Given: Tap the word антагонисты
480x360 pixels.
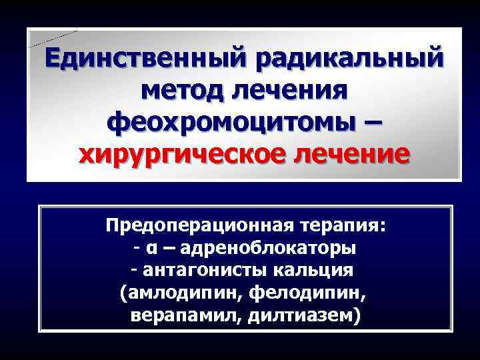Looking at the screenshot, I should click(x=204, y=270).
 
